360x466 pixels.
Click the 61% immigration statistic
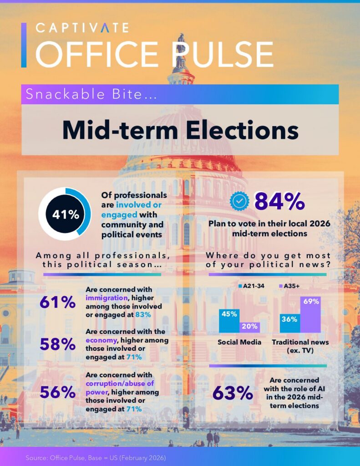(57, 302)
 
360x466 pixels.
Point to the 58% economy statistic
(57, 344)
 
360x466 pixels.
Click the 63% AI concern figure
(233, 394)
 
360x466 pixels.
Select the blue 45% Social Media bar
(229, 320)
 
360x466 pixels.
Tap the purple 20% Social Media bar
(249, 327)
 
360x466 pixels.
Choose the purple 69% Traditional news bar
(310, 314)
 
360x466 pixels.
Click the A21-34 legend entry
(249, 286)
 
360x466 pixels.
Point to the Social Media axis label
(239, 342)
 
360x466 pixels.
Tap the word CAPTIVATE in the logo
(82, 28)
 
